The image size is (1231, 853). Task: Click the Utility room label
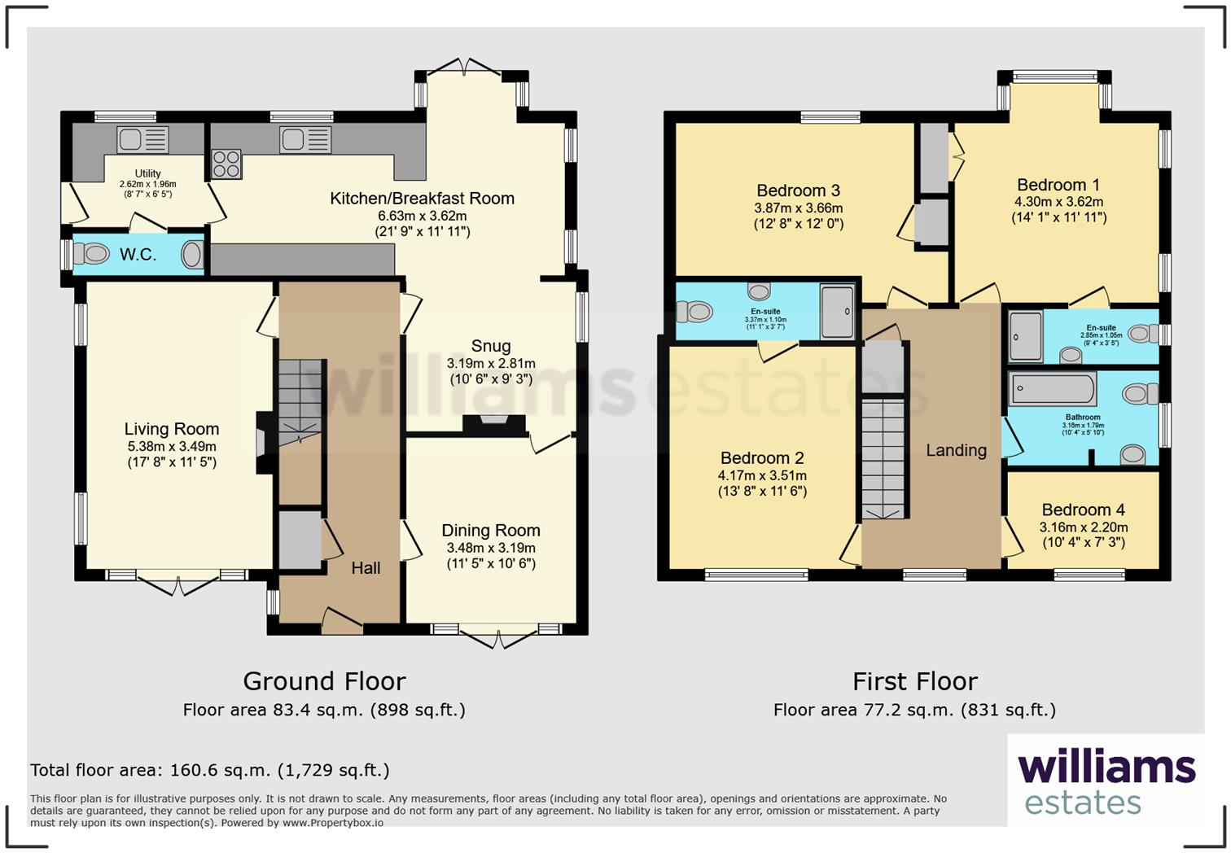tap(147, 173)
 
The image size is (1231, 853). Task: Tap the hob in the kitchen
tap(226, 164)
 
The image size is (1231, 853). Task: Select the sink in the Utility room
tap(142, 140)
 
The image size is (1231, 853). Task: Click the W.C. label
tap(138, 255)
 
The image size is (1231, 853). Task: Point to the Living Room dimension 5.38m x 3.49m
tap(172, 446)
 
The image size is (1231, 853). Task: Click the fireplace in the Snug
tap(493, 424)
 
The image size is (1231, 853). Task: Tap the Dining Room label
tap(490, 530)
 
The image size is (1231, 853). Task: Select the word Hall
tap(366, 568)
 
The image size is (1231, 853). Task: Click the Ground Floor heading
tap(324, 680)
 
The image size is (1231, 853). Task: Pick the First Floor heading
tap(914, 680)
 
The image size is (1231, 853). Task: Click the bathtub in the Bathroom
tap(1053, 390)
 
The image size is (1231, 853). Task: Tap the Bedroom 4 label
tap(1083, 510)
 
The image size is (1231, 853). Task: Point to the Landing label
tap(956, 450)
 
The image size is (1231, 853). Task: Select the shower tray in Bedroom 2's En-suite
tap(837, 310)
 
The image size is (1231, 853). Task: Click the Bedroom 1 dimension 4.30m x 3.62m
tap(1058, 202)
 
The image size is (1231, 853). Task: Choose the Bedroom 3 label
tap(798, 190)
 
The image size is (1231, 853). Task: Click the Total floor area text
tap(210, 770)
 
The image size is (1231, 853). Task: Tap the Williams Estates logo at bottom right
tap(1106, 781)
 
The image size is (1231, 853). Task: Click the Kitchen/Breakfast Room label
tap(422, 198)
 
